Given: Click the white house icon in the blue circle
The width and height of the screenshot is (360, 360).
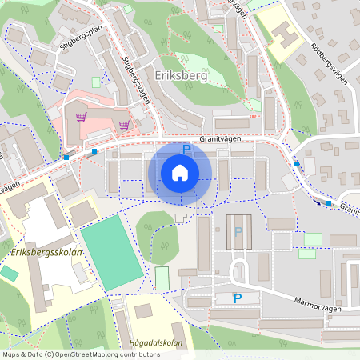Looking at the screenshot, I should coord(180,173).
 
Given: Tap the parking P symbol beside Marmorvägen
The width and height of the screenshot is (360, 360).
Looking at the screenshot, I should coord(237,298).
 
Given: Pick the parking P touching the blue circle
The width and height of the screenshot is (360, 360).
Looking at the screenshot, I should coord(186,149).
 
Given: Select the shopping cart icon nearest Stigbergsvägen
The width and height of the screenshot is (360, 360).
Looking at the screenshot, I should coord(124,125).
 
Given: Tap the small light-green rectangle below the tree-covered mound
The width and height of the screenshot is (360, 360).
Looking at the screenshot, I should coord(162,278).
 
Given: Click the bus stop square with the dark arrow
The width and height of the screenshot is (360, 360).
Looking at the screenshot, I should coord(328,203).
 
